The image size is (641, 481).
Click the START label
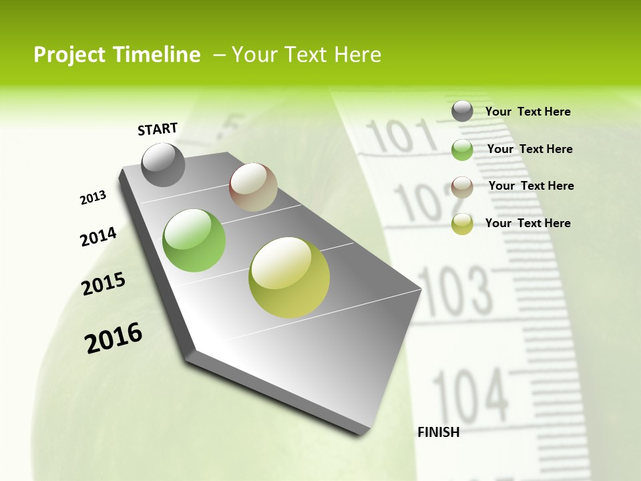tap(158, 129)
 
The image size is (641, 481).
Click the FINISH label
tap(438, 432)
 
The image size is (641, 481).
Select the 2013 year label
tap(93, 197)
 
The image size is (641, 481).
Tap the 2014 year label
tap(99, 236)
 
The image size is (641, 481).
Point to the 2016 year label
tap(114, 338)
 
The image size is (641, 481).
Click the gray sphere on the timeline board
tap(164, 165)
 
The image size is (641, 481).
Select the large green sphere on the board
tap(194, 240)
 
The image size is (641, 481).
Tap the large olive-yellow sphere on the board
tap(289, 277)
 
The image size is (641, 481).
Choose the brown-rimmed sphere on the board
tap(254, 187)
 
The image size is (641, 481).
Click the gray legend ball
tap(462, 112)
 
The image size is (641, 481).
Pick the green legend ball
tap(462, 150)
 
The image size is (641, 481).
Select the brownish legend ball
tap(462, 186)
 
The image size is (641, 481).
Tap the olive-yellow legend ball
tap(462, 224)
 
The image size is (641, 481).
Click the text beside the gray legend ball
tap(527, 112)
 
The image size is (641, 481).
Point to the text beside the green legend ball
tap(529, 149)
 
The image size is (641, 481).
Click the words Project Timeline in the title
tap(117, 55)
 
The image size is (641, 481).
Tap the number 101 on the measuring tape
tap(401, 136)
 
